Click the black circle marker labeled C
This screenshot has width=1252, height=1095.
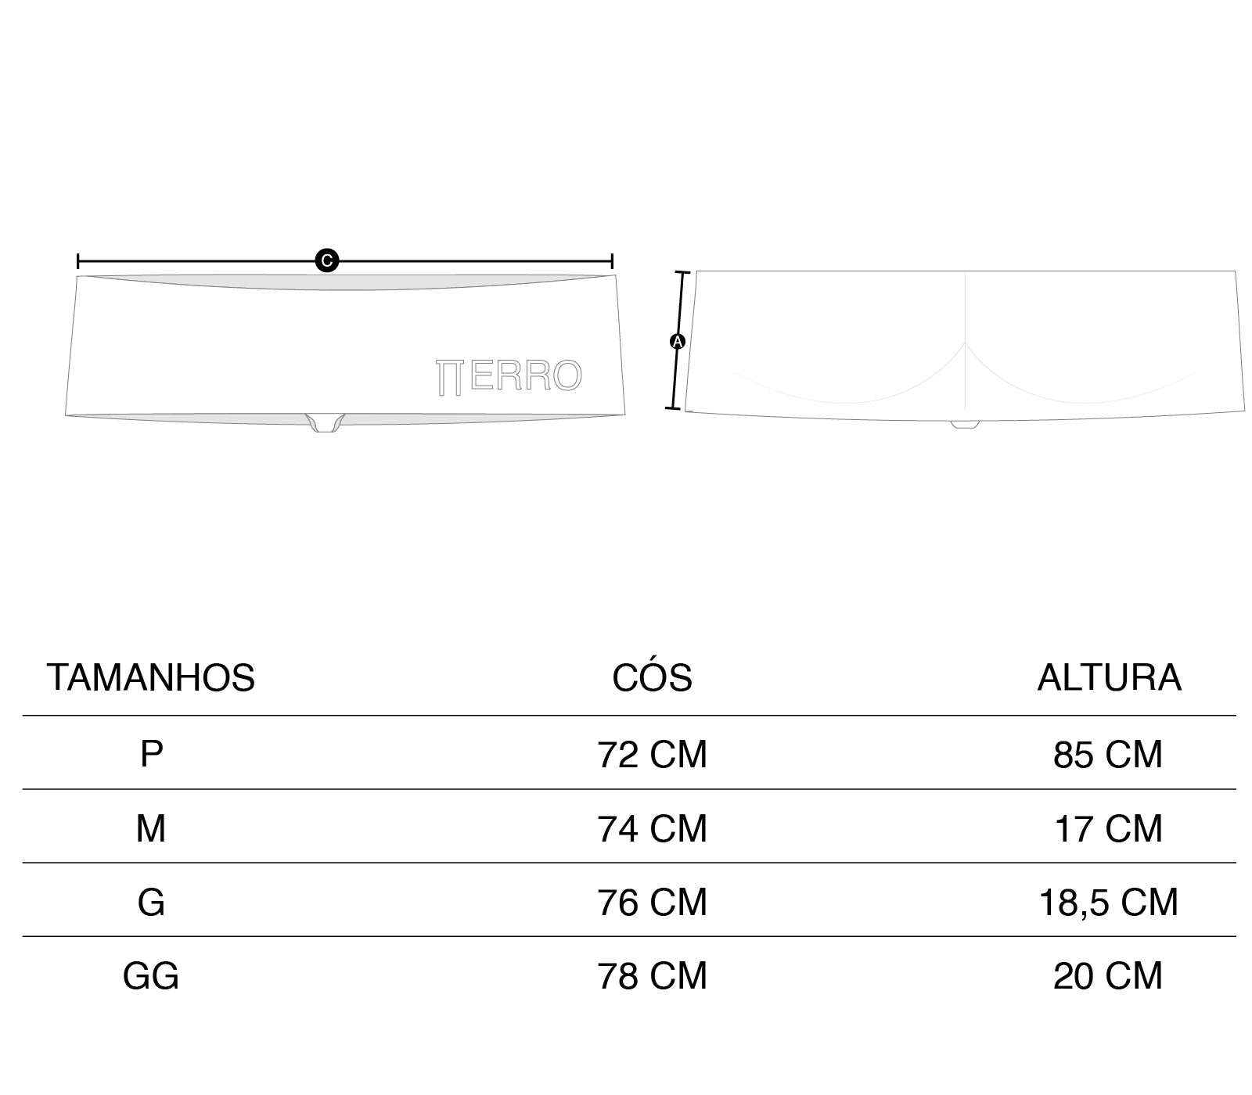click(326, 260)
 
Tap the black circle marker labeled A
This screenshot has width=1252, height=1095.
click(678, 341)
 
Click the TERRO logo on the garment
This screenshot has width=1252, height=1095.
click(509, 376)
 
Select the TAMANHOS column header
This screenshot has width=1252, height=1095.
click(151, 677)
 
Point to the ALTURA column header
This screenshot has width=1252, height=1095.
click(1109, 677)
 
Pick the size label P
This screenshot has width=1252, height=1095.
click(151, 754)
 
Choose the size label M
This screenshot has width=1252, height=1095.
click(151, 828)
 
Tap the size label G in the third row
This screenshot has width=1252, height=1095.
click(151, 902)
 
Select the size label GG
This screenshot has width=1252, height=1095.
click(151, 975)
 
